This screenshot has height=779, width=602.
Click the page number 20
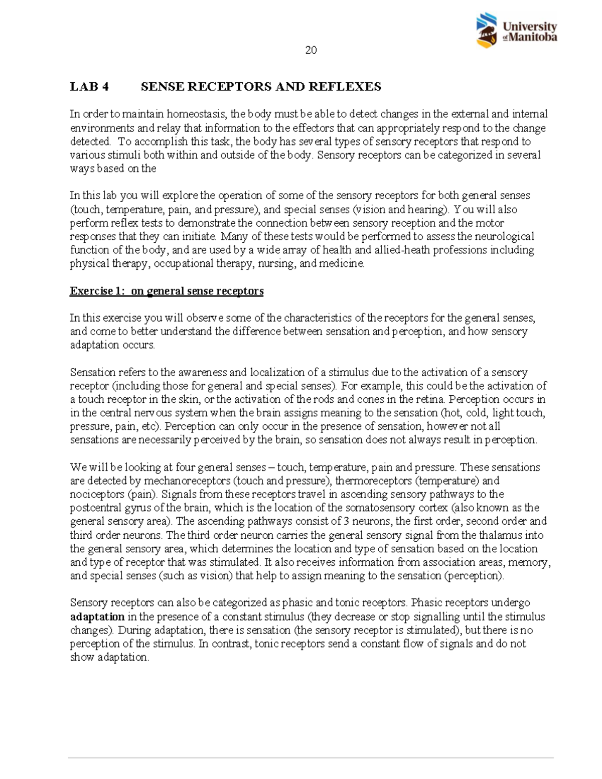click(x=311, y=50)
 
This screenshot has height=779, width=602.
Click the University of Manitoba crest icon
click(x=487, y=30)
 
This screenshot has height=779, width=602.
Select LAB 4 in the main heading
click(x=89, y=87)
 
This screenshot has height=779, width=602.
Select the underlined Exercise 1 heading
click(x=167, y=291)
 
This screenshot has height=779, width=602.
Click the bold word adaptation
click(x=97, y=616)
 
